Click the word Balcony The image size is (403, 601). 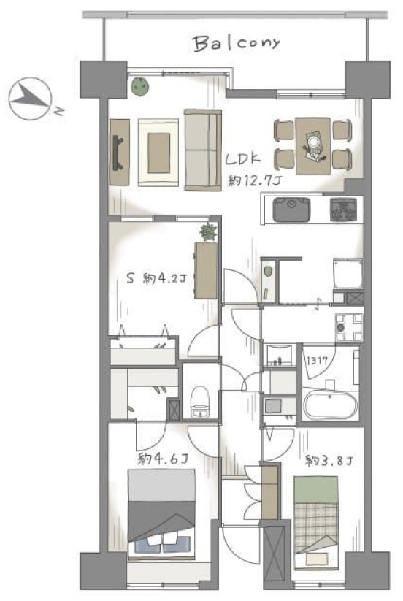tap(237, 43)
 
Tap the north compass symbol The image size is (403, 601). tap(31, 99)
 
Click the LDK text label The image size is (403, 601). tap(243, 159)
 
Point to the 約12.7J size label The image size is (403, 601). tap(255, 180)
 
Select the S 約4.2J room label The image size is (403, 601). tap(156, 278)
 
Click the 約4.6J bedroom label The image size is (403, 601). tap(163, 458)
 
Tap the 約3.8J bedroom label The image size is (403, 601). tap(329, 460)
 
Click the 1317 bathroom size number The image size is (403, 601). tap(317, 361)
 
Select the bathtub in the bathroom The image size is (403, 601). tap(330, 405)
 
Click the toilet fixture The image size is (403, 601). tap(199, 402)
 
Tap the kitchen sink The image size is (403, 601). tap(291, 210)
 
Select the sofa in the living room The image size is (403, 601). tap(203, 150)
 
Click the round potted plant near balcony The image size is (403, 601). tap(140, 86)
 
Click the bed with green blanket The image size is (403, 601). tap(316, 522)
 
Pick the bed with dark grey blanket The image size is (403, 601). tap(161, 513)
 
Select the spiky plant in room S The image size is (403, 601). tap(208, 232)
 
